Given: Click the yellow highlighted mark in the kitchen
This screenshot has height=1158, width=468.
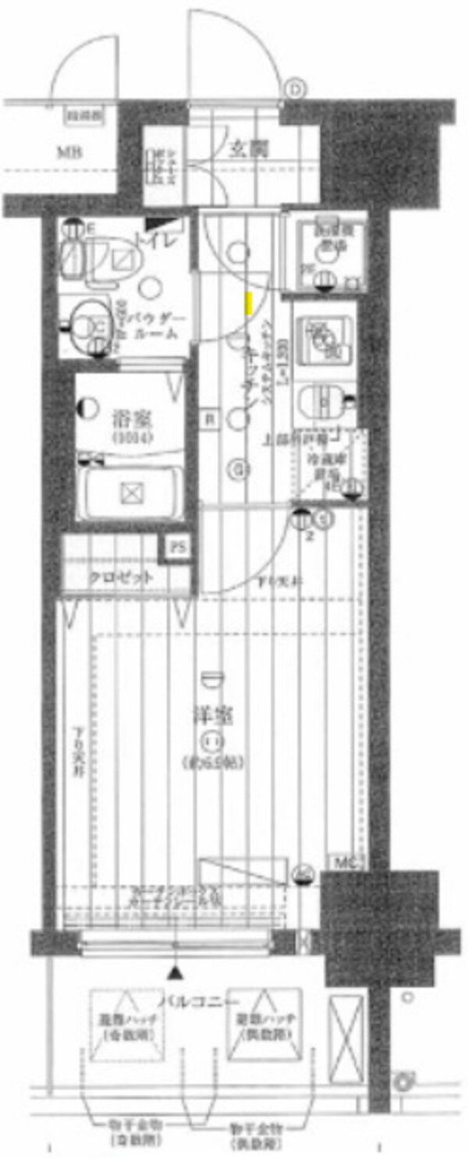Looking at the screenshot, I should point(248,303).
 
